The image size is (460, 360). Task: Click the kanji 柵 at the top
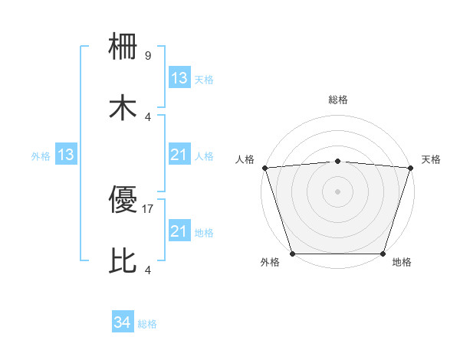(123, 48)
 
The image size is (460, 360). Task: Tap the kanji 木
(123, 107)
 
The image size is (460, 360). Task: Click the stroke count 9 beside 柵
(148, 56)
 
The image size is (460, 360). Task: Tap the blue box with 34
(123, 323)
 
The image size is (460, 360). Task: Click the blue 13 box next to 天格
(179, 78)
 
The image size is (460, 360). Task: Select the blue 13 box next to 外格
(65, 155)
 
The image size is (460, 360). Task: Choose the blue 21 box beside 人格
(179, 155)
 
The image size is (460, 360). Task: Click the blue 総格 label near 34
(147, 324)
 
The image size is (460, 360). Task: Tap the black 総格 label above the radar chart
(337, 100)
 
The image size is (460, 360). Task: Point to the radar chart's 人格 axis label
(245, 159)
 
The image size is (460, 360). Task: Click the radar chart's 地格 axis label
(402, 263)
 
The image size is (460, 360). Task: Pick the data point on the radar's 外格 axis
(293, 254)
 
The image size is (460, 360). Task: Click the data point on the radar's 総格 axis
(337, 161)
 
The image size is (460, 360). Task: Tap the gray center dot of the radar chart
(337, 191)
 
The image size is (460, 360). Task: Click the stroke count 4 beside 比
(148, 269)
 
